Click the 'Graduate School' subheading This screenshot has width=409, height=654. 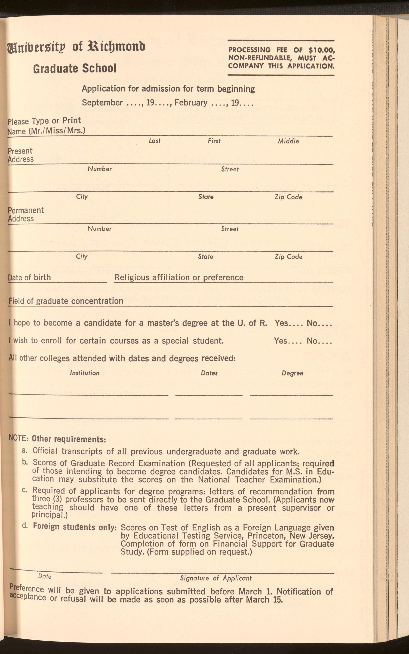coord(75,68)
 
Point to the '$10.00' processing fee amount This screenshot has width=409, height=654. coord(322,50)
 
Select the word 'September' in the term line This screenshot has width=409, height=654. coord(102,103)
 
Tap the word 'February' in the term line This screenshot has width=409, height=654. coord(191,103)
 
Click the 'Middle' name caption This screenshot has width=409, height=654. coord(288,141)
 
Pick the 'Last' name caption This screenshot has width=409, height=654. coord(154,141)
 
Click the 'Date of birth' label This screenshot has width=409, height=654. coord(29,277)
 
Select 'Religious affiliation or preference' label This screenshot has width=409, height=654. coord(179,277)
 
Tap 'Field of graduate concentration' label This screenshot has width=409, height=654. coord(66,301)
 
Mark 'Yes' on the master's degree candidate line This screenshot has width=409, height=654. coord(282,323)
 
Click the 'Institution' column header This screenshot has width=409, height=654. coord(85,373)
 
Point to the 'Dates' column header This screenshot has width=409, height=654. coord(209,373)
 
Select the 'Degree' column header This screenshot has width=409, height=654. coord(292,373)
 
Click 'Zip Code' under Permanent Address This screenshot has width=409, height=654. coord(288,257)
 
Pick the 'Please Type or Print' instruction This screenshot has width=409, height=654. coord(44,121)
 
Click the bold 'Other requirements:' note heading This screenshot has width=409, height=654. coord(69,439)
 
